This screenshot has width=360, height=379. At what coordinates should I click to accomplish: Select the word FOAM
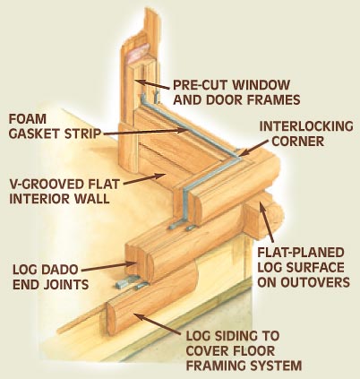click(x=28, y=119)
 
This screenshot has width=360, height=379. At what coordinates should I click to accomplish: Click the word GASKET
click(x=34, y=134)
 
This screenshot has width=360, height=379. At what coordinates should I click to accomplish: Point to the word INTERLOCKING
click(x=306, y=126)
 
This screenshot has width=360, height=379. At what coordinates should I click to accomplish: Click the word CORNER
click(x=298, y=142)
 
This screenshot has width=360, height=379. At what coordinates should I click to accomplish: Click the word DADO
click(x=59, y=270)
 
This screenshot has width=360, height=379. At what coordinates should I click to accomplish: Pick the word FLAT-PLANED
click(x=301, y=253)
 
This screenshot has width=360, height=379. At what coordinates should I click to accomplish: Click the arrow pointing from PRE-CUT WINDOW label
click(x=152, y=84)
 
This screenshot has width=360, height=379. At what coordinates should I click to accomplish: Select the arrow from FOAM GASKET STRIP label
click(x=146, y=133)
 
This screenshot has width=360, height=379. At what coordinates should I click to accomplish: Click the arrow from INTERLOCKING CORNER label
click(x=253, y=148)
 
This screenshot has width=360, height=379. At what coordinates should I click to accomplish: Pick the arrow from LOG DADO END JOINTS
click(x=108, y=267)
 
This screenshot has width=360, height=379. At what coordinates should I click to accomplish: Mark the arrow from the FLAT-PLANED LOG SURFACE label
click(x=266, y=221)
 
